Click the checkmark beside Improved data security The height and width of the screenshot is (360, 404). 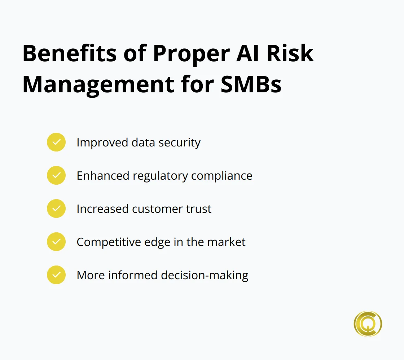tap(56, 142)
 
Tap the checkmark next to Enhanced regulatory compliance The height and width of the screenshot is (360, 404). tap(56, 175)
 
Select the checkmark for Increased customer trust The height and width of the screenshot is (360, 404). tap(56, 208)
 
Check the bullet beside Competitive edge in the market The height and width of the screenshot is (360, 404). tap(56, 242)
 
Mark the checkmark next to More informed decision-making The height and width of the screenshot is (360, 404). tap(56, 275)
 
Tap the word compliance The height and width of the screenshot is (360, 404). tap(221, 176)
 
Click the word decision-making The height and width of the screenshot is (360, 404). tap(205, 276)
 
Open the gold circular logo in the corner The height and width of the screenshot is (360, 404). tap(368, 324)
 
